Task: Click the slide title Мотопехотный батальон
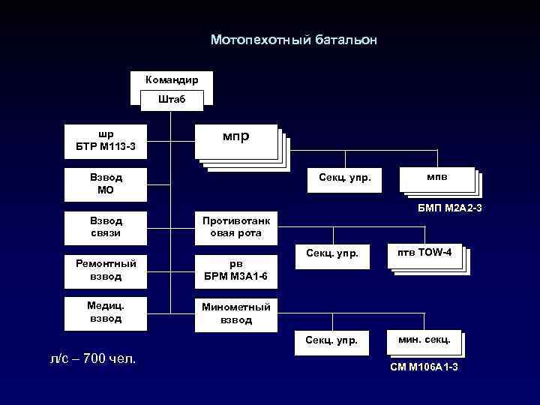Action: pyautogui.click(x=294, y=40)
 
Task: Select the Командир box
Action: pyautogui.click(x=172, y=79)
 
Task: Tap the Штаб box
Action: pyautogui.click(x=172, y=99)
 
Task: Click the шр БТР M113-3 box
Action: pyautogui.click(x=106, y=140)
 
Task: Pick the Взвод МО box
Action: pyautogui.click(x=106, y=184)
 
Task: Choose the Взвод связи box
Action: pyautogui.click(x=106, y=226)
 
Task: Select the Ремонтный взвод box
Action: pyautogui.click(x=106, y=269)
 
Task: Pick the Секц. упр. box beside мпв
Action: pyautogui.click(x=345, y=178)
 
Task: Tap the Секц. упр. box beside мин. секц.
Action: pyautogui.click(x=333, y=341)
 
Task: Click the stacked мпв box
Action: pyautogui.click(x=437, y=178)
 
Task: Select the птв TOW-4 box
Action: pyautogui.click(x=424, y=257)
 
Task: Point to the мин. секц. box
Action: pyautogui.click(x=424, y=342)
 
